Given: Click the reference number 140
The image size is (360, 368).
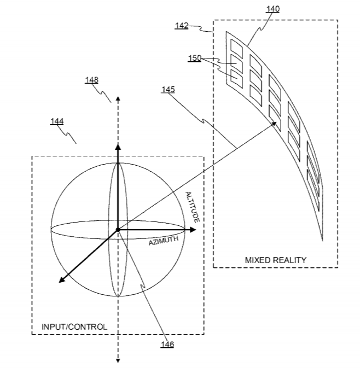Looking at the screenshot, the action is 272,9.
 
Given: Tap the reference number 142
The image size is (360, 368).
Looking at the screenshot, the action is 182,25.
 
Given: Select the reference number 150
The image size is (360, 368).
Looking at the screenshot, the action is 195,58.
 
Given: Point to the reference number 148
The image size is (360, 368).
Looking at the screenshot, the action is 91,80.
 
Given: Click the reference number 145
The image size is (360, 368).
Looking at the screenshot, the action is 168,90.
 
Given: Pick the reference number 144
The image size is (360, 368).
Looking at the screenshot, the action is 57,121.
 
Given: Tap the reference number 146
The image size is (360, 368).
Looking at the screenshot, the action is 167,344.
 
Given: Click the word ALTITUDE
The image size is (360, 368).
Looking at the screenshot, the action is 193,207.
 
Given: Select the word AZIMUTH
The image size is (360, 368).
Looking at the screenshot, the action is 164,241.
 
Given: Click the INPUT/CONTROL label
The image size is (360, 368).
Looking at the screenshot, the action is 74,326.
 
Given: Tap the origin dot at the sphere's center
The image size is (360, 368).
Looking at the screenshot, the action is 118,230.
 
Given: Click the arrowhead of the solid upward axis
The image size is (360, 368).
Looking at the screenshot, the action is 118,147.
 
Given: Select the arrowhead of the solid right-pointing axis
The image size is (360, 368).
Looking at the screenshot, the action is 193,230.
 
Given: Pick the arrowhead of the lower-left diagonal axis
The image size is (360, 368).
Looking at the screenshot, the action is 61,279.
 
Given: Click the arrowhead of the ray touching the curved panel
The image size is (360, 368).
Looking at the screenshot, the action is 274,124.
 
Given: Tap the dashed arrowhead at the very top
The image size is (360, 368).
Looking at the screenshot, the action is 118,98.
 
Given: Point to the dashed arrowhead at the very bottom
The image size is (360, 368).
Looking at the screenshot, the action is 118,360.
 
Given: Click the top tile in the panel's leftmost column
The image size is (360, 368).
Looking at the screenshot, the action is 236,48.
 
